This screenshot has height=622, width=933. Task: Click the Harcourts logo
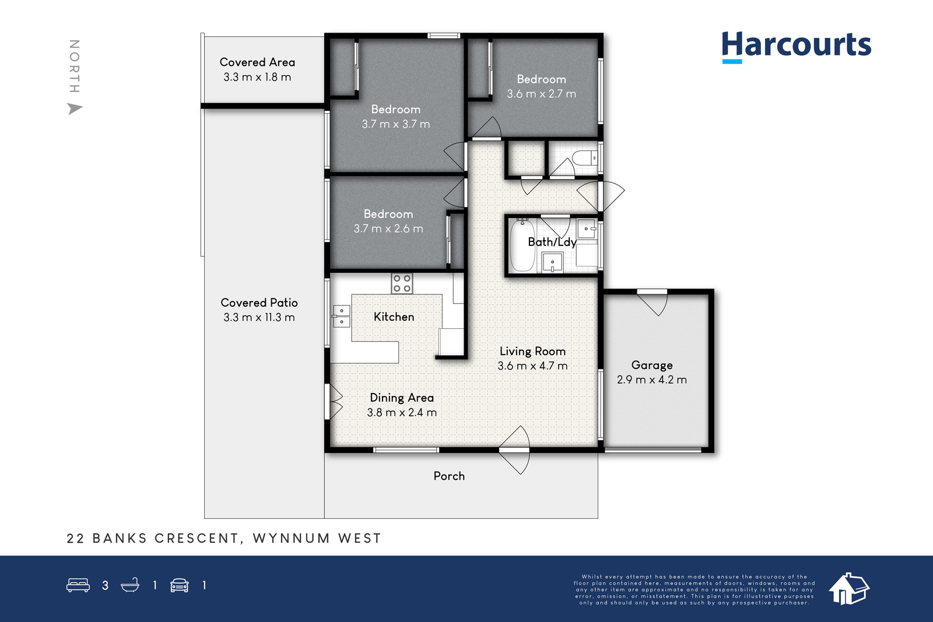click(796, 47)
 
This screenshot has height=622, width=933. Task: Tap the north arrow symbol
click(75, 108)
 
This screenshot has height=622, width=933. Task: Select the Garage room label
click(652, 365)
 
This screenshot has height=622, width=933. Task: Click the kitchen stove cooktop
click(402, 283)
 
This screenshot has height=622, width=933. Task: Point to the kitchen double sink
click(341, 317)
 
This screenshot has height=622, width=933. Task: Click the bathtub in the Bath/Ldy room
click(522, 245)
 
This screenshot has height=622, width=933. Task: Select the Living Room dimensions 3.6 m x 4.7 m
click(532, 366)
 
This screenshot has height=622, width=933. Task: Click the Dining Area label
click(402, 398)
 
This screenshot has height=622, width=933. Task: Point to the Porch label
click(449, 476)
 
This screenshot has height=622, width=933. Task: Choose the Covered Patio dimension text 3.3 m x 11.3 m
click(259, 317)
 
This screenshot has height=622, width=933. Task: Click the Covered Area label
click(257, 62)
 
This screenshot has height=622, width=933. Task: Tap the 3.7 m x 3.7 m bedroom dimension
click(396, 124)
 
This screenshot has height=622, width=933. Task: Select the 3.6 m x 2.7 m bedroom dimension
click(542, 94)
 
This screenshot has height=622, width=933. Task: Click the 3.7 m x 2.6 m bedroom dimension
click(388, 229)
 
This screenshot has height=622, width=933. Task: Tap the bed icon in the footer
click(78, 585)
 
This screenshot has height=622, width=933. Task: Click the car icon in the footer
click(180, 585)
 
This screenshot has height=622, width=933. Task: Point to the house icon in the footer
click(849, 589)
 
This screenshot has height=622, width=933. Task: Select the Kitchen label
click(394, 317)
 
